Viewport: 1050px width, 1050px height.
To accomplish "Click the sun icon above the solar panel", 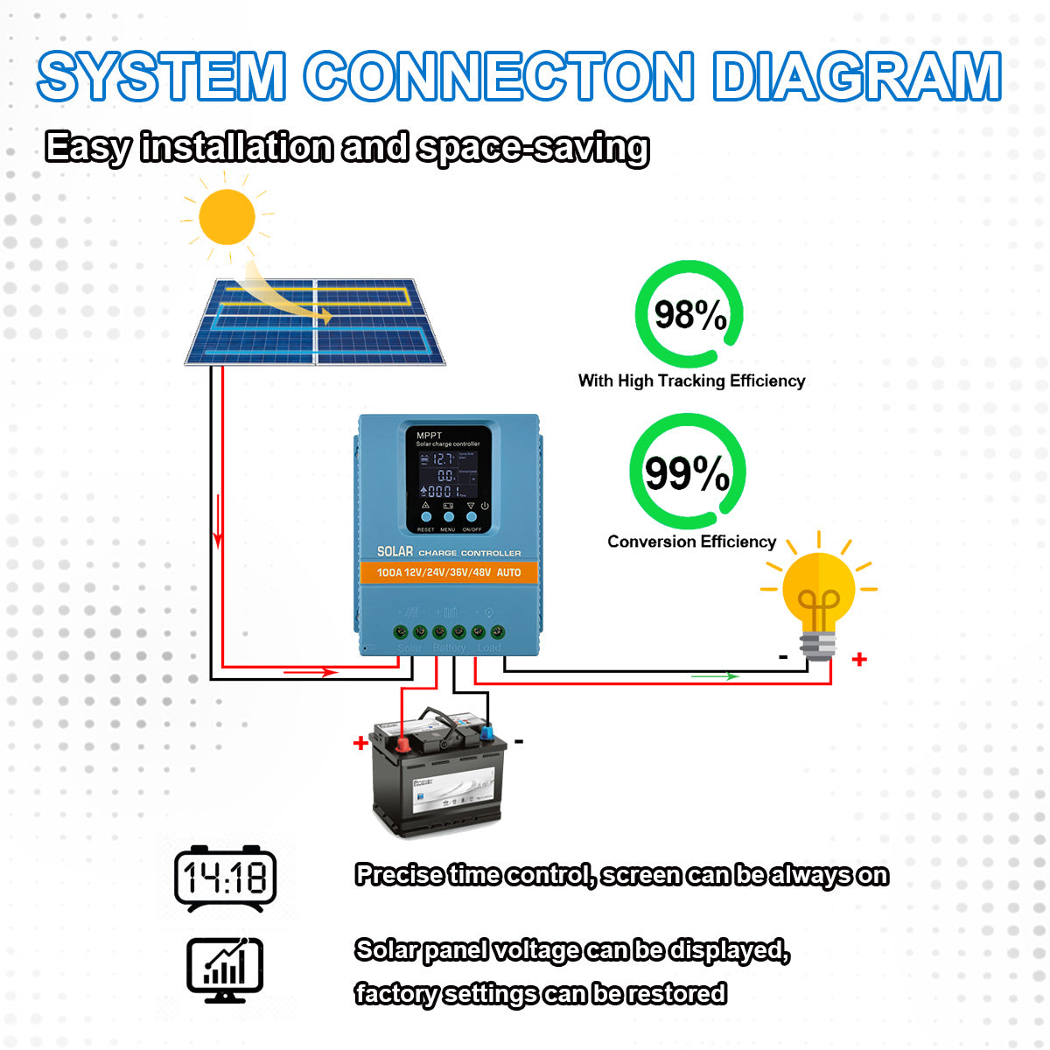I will [x=227, y=216].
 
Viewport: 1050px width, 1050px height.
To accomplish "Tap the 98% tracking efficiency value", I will [x=689, y=315].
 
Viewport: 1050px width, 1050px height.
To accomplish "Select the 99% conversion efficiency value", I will [x=687, y=473].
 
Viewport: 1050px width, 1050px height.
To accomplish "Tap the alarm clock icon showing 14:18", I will [x=226, y=877].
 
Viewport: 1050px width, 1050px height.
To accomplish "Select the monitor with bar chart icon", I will [x=225, y=969].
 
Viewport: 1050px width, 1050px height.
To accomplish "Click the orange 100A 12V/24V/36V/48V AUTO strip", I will [x=448, y=572].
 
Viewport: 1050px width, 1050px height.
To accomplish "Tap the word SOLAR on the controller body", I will [x=395, y=552].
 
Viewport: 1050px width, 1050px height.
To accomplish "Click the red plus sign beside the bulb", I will [x=859, y=659].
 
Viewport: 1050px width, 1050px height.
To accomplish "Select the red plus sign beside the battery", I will [x=360, y=744].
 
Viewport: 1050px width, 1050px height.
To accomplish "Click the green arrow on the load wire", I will [x=715, y=675].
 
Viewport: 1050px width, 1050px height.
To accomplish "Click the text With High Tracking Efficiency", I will [x=691, y=381].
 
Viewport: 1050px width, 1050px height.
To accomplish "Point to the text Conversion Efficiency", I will [x=691, y=542].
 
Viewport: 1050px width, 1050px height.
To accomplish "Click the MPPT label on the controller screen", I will [x=429, y=435].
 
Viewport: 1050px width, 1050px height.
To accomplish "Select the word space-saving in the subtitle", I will [x=533, y=147].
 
